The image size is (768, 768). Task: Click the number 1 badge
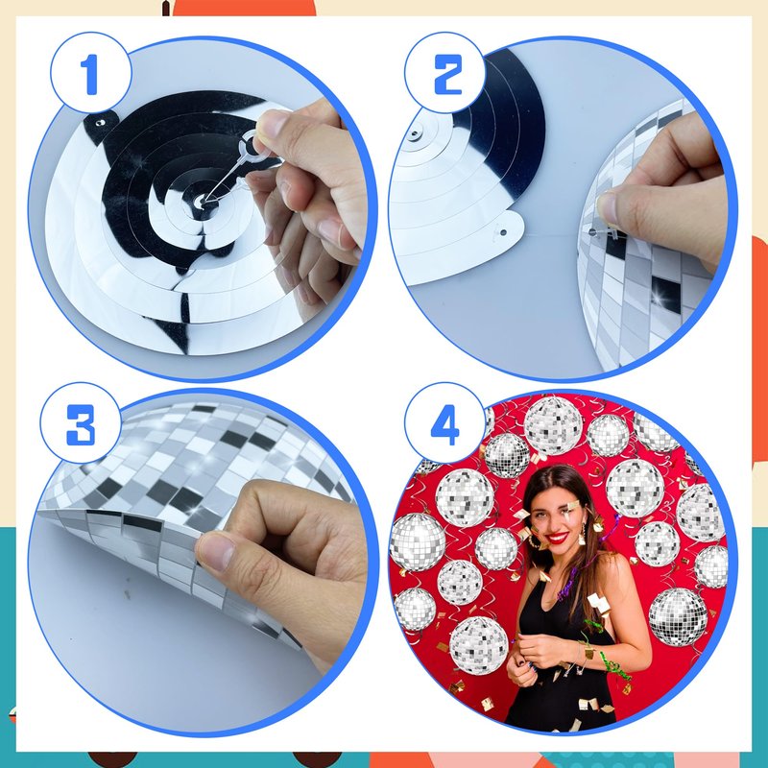coord(90,73)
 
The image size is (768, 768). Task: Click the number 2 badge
coord(445,73)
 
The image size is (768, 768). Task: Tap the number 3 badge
coord(81,423)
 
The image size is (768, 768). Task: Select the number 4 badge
coord(445,423)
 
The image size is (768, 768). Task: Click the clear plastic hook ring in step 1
coord(249,146)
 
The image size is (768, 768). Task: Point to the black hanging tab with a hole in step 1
coord(101,125)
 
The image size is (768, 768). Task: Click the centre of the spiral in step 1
coord(201,200)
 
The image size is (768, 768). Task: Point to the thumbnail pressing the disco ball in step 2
coord(608,206)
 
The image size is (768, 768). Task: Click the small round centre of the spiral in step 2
coord(416,132)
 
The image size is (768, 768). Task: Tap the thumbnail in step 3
coord(215,552)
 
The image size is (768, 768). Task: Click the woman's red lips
coord(557,538)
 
